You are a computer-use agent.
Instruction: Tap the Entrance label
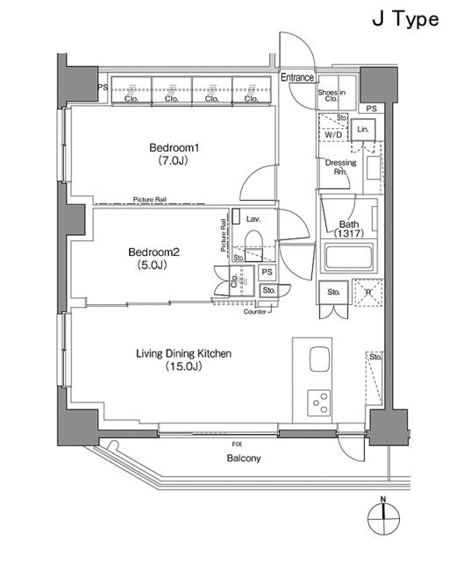(x=297, y=78)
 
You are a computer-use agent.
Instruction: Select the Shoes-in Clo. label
(x=330, y=96)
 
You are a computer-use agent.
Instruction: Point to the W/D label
(x=333, y=134)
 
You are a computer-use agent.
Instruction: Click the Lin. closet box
(x=363, y=129)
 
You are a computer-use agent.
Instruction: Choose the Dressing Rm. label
(x=340, y=167)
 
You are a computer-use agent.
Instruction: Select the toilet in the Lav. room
(x=253, y=242)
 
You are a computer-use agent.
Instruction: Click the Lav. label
(x=254, y=218)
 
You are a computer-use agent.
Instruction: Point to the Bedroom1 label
(x=171, y=148)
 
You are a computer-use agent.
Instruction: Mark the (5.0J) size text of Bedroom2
(x=152, y=264)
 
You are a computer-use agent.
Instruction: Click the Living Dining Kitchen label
(x=183, y=353)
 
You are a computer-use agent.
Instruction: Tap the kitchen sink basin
(x=317, y=361)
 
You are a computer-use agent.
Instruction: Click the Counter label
(x=255, y=311)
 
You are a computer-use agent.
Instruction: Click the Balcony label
(x=242, y=458)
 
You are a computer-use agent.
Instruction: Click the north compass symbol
(x=383, y=519)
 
